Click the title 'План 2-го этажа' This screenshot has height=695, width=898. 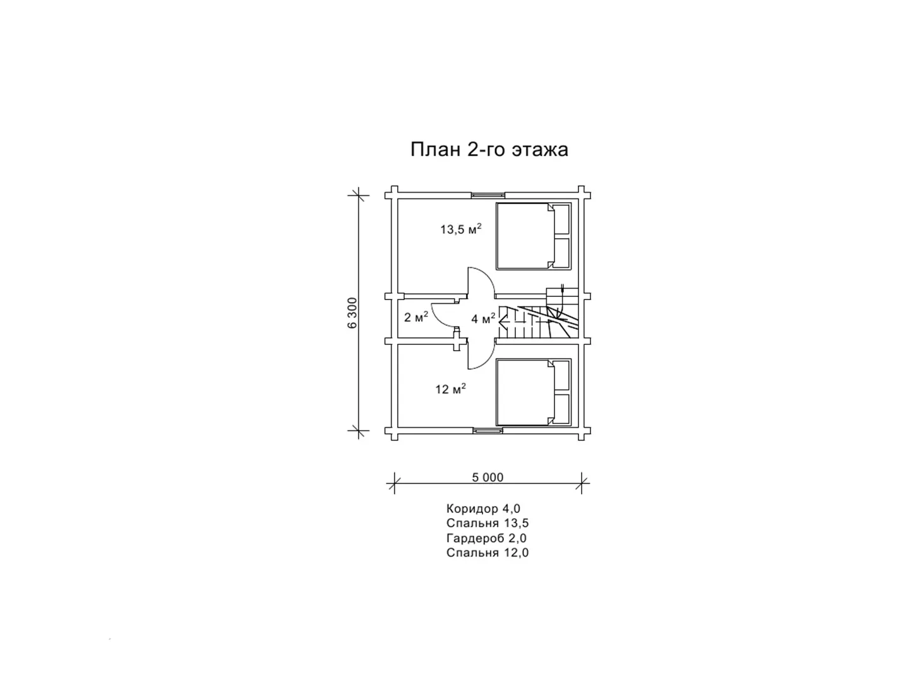(x=489, y=149)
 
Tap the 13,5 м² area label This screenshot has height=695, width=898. (x=461, y=229)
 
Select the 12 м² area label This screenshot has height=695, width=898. (x=450, y=389)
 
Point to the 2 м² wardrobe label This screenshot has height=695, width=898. (x=416, y=317)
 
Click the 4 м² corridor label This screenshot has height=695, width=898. (x=483, y=318)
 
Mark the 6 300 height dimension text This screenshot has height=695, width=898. (x=352, y=313)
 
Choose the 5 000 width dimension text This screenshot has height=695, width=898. (x=488, y=478)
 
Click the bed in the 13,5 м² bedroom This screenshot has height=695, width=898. (x=534, y=236)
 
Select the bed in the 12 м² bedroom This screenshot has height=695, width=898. (x=534, y=392)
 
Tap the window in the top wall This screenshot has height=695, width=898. (x=488, y=195)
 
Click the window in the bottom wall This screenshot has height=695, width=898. (x=488, y=430)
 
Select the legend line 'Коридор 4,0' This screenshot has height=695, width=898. (x=483, y=509)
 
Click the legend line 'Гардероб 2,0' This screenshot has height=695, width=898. (x=486, y=538)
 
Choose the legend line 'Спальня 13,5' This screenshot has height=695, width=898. (x=488, y=523)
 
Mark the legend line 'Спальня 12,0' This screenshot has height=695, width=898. (x=488, y=553)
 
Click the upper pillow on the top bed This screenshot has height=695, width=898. (x=561, y=219)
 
